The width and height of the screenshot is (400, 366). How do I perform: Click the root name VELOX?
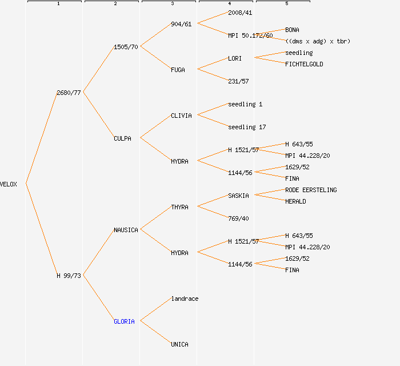point(9,184)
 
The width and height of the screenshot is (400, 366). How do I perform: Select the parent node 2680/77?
point(69,93)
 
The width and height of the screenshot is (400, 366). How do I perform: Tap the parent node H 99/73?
point(69,276)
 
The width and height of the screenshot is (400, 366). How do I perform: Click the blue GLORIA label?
point(124,321)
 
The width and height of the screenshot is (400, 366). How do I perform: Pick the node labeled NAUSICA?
point(126,230)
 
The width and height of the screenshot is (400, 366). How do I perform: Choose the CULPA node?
point(122,138)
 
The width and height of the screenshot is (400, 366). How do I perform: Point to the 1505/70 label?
point(126,47)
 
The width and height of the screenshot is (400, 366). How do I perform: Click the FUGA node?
point(178,70)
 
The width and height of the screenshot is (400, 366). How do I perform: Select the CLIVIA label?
point(181,116)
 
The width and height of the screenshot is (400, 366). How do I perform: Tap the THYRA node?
point(179,207)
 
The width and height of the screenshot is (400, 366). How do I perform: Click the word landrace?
point(185,299)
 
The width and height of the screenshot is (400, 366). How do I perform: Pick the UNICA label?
point(179,344)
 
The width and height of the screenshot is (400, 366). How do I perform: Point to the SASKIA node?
point(238,196)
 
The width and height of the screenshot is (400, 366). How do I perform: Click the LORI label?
point(235,58)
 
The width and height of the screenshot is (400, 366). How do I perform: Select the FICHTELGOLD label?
point(304,64)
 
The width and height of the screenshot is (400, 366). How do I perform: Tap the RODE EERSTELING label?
point(311,190)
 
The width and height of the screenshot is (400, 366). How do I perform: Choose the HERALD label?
point(295,201)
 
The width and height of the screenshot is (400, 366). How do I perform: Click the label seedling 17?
point(247,127)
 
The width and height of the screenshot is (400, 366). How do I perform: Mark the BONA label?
point(292,30)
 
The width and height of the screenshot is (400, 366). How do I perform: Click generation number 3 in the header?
point(172,4)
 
